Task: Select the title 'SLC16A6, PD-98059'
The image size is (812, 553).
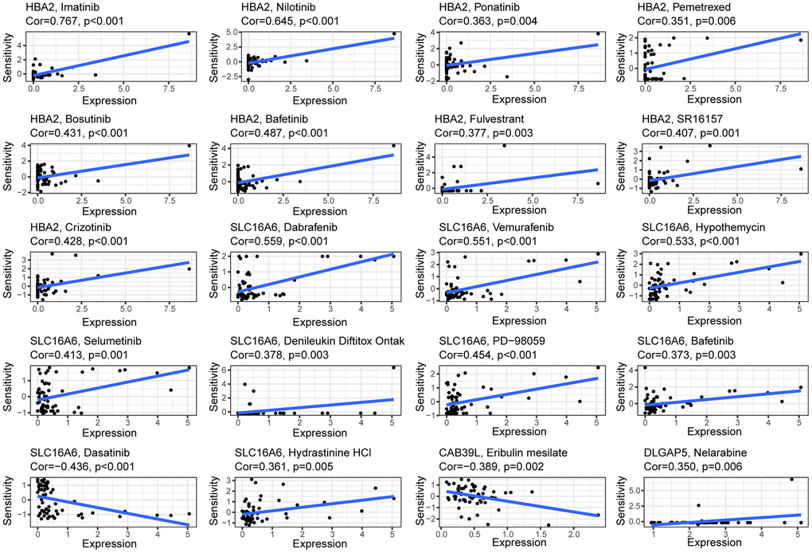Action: [489, 342]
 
